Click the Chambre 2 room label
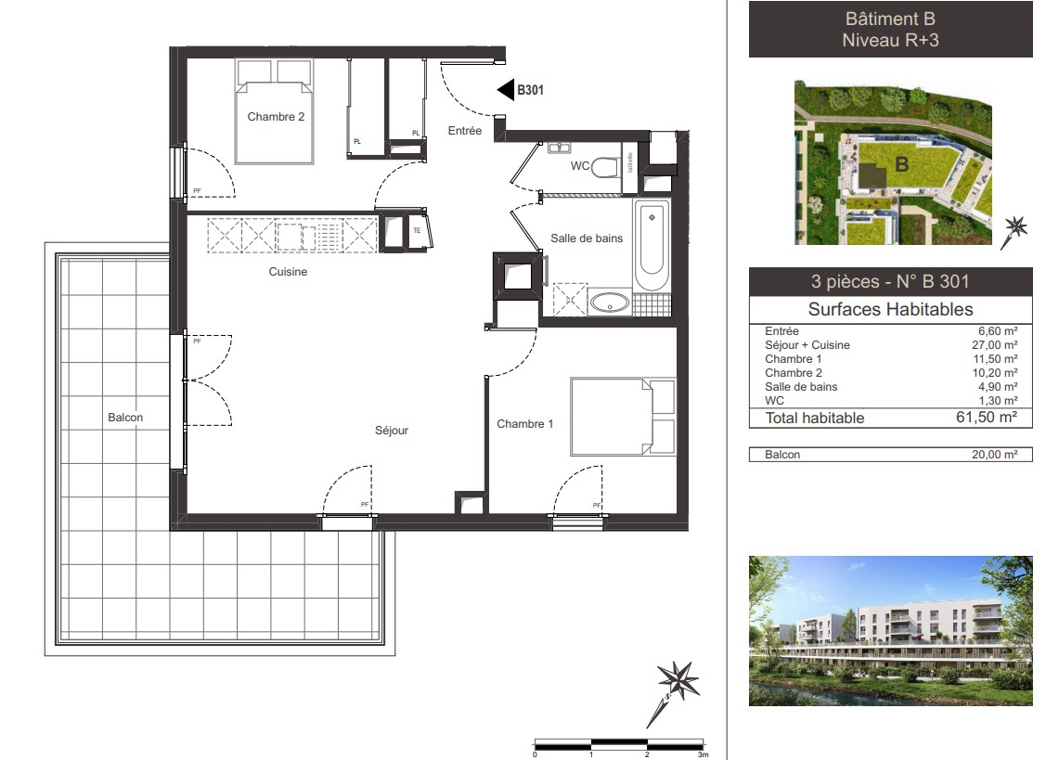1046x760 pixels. [276, 117]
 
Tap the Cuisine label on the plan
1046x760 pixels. [288, 272]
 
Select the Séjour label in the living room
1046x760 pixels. [391, 430]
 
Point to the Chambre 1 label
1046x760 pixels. [524, 424]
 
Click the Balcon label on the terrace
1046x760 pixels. [125, 418]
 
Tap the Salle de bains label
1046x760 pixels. [586, 238]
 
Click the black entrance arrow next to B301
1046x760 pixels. [506, 90]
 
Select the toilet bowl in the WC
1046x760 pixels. [606, 168]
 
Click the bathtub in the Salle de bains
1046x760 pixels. [651, 246]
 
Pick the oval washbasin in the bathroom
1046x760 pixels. [610, 302]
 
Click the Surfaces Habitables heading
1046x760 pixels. [890, 310]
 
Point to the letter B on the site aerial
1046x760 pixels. [899, 165]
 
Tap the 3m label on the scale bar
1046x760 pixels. [704, 754]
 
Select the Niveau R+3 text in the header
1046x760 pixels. [890, 40]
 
